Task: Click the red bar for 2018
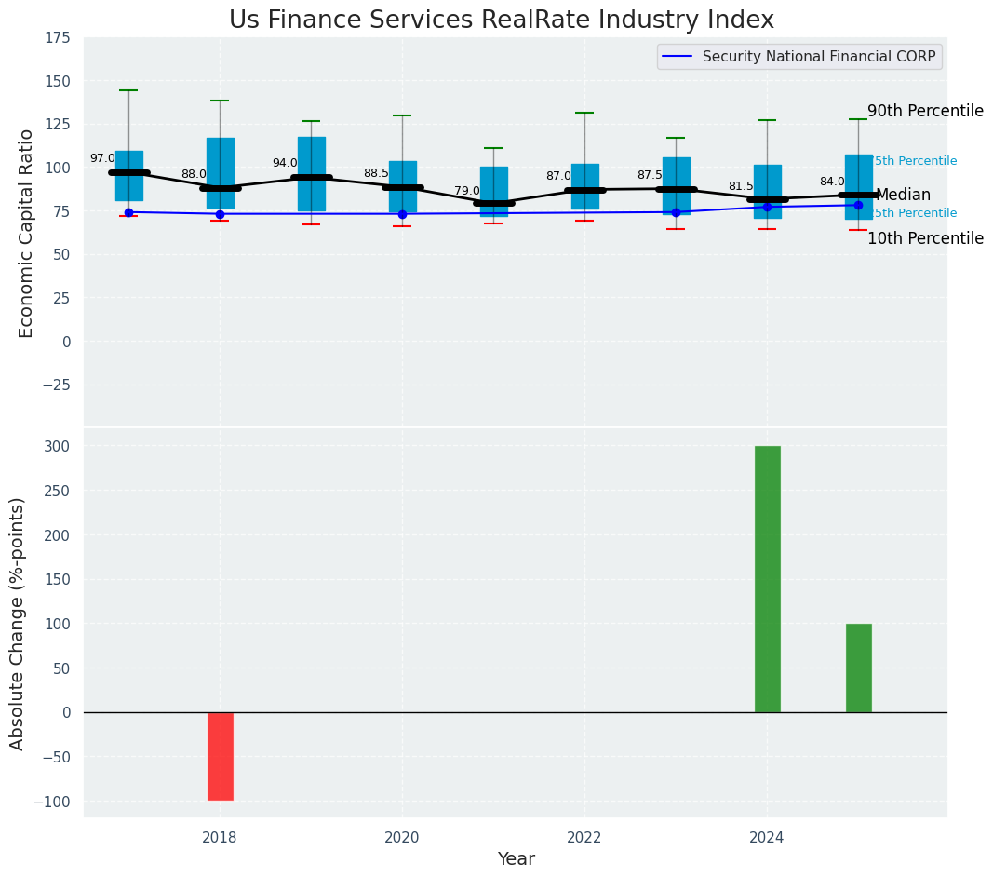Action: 220,756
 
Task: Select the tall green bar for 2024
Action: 767,579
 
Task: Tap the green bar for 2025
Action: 858,668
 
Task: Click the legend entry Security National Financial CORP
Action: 818,57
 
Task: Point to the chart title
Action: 501,20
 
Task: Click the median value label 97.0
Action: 102,158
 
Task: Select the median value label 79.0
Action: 467,191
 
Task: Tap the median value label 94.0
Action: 285,163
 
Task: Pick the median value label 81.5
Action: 741,186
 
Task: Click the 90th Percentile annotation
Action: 925,111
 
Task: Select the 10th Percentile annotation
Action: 925,238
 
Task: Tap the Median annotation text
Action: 903,195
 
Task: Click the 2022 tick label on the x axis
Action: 584,838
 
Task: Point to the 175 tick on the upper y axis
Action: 57,37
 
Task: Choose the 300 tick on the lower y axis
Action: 57,446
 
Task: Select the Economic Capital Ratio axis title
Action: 27,233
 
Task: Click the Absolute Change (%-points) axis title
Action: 18,623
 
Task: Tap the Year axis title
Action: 516,859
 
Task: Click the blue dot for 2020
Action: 402,214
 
